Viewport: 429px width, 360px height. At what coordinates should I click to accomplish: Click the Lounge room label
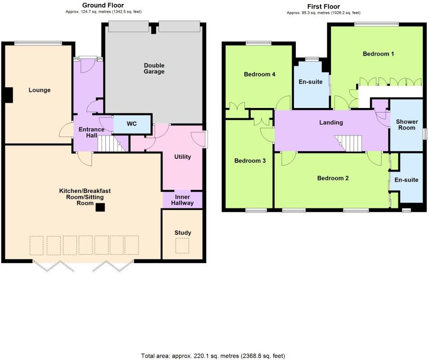(x=40, y=90)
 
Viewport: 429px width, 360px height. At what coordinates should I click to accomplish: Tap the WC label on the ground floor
(x=131, y=124)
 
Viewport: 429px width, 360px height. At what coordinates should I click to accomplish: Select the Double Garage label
(x=154, y=68)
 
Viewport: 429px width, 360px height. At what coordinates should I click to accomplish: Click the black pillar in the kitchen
(x=100, y=207)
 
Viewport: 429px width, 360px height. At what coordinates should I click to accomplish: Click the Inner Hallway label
(x=182, y=200)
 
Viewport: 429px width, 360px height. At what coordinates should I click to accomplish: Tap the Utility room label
(x=183, y=157)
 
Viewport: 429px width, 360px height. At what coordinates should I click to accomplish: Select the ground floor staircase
(x=110, y=144)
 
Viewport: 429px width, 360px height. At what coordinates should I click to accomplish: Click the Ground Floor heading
(x=103, y=5)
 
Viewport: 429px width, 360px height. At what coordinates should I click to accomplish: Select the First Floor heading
(x=323, y=6)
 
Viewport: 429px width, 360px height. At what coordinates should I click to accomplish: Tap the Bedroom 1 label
(x=379, y=54)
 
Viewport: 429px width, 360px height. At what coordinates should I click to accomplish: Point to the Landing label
(x=331, y=122)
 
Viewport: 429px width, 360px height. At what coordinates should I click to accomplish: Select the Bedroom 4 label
(x=259, y=75)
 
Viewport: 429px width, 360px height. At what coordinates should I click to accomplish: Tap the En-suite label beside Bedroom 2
(x=406, y=180)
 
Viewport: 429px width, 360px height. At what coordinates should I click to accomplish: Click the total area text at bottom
(x=213, y=356)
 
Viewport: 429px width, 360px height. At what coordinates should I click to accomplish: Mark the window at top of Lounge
(x=38, y=43)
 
